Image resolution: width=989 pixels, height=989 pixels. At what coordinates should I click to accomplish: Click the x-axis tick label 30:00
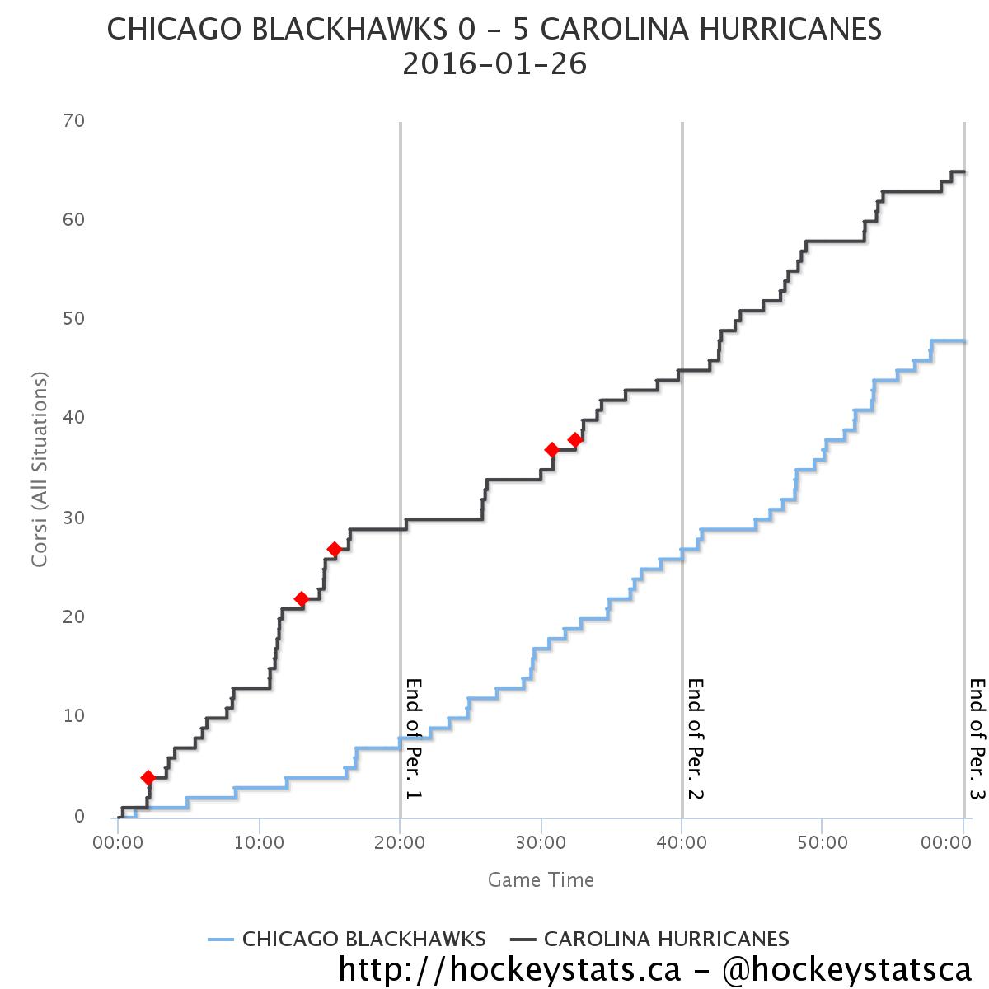point(541,844)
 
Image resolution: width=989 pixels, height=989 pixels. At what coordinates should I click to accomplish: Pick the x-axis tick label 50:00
point(822,844)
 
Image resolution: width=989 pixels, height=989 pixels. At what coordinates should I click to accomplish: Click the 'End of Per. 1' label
point(414,738)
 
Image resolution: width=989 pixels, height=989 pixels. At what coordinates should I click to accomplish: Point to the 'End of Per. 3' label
point(977,738)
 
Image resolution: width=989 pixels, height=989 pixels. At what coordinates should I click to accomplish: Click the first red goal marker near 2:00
point(148,777)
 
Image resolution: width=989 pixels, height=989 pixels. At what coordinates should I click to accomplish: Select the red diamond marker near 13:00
point(302,599)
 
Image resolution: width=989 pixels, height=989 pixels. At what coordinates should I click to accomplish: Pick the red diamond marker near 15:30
point(335,549)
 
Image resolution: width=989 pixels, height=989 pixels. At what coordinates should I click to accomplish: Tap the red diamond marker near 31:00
point(552,450)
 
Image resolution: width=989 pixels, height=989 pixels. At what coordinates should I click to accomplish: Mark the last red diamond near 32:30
point(575,440)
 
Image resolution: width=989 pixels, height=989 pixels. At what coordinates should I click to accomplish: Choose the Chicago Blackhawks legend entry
point(348,939)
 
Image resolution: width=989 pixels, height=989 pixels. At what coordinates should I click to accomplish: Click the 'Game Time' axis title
point(541,879)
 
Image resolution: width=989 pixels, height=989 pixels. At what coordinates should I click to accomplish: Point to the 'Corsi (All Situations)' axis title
point(39,470)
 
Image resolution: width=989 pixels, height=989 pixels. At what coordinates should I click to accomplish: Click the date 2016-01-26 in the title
point(494,64)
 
